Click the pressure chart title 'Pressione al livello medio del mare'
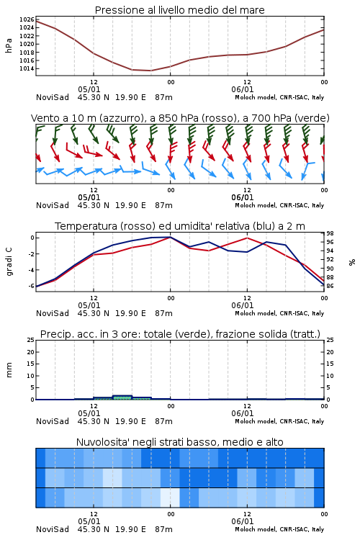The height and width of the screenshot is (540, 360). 179,10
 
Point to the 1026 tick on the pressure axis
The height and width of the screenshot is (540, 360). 27,19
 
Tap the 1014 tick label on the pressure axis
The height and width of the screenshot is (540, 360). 27,68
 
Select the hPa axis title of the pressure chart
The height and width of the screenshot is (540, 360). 9,45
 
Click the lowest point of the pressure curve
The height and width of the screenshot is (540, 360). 150,71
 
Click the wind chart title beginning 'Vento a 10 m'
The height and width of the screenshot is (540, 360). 180,118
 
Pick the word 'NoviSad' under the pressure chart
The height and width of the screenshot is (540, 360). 53,97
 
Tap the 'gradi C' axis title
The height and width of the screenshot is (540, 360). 9,261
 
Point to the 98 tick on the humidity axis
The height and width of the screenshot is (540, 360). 330,233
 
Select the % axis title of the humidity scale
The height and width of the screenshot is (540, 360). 352,262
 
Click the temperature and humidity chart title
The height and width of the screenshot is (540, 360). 180,226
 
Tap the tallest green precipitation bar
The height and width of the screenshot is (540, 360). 122,397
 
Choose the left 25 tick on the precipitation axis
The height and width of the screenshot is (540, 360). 31,340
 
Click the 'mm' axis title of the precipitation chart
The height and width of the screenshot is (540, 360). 9,370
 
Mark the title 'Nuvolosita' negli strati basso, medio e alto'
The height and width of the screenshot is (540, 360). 179,442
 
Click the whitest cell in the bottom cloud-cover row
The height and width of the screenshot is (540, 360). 170,498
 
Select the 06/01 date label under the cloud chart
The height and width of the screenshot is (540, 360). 243,521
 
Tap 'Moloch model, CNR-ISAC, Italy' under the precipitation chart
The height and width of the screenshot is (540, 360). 279,421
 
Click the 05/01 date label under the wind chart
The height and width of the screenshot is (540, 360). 89,197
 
